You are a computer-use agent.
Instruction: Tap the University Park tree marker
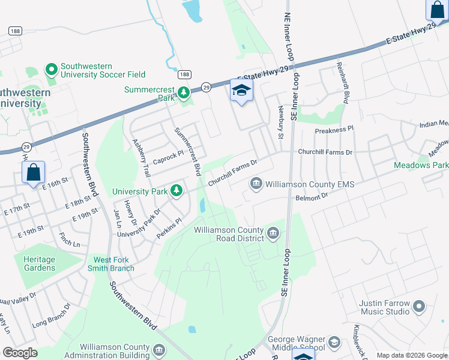176,191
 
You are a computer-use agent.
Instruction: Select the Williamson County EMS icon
256,182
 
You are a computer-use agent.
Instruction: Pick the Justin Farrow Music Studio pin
419,307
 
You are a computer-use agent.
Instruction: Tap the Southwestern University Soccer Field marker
51,70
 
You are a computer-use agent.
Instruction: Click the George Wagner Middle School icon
334,342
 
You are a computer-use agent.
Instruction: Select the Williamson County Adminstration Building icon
159,350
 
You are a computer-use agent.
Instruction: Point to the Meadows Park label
421,165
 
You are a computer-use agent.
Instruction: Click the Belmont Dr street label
312,196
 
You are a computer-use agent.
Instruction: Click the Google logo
20,352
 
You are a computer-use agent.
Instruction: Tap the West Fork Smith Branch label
113,264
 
